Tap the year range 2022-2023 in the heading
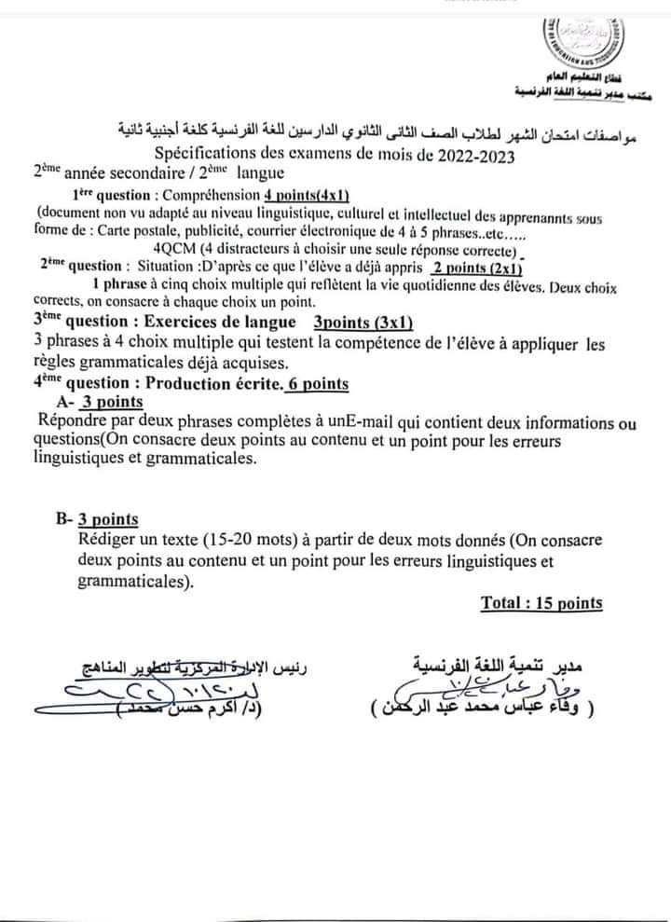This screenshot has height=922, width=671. point(466,155)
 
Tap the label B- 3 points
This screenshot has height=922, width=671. point(97,519)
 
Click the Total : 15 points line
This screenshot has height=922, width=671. point(541,603)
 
